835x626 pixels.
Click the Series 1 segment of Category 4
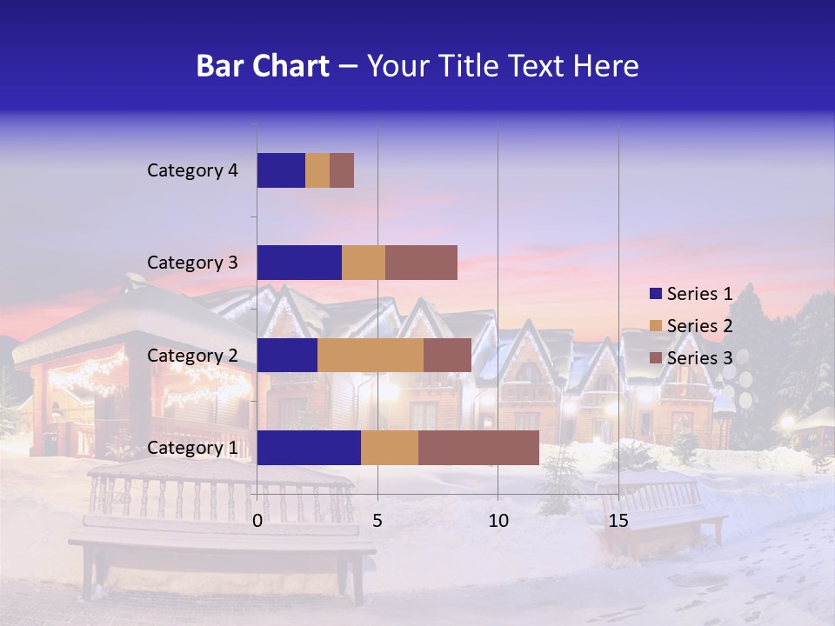[x=281, y=170]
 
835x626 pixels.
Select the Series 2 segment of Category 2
[x=371, y=355]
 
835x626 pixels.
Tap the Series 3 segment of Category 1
[x=478, y=448]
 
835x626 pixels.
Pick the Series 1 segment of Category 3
[x=299, y=263]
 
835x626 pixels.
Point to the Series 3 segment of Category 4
[x=342, y=170]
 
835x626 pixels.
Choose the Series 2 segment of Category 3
[x=364, y=263]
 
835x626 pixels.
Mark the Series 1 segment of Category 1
[x=309, y=448]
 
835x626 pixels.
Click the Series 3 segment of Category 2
[x=447, y=355]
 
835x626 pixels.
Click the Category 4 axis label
[x=192, y=170]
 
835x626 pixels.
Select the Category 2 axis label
[x=192, y=355]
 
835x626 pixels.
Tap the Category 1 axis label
[x=192, y=448]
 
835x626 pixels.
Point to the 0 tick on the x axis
[x=257, y=521]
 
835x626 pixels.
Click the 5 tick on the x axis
[x=377, y=521]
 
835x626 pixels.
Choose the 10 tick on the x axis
[x=498, y=521]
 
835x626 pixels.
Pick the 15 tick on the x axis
[x=618, y=521]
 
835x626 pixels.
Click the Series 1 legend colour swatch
[x=655, y=294]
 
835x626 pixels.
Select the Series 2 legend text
[x=699, y=326]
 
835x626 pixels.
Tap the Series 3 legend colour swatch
[x=655, y=358]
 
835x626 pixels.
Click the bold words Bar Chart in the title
[x=263, y=66]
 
